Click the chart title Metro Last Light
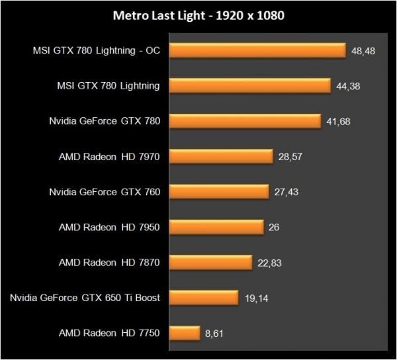coord(198,15)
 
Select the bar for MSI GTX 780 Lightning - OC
coord(258,50)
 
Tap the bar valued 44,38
coord(250,85)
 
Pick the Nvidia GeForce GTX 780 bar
coord(245,121)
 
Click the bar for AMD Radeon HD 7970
coord(222,156)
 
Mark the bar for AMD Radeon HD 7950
coord(217,227)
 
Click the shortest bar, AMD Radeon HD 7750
coord(185,333)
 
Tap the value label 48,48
coord(365,51)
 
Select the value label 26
coord(274,228)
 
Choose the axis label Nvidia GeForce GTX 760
coord(105,192)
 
